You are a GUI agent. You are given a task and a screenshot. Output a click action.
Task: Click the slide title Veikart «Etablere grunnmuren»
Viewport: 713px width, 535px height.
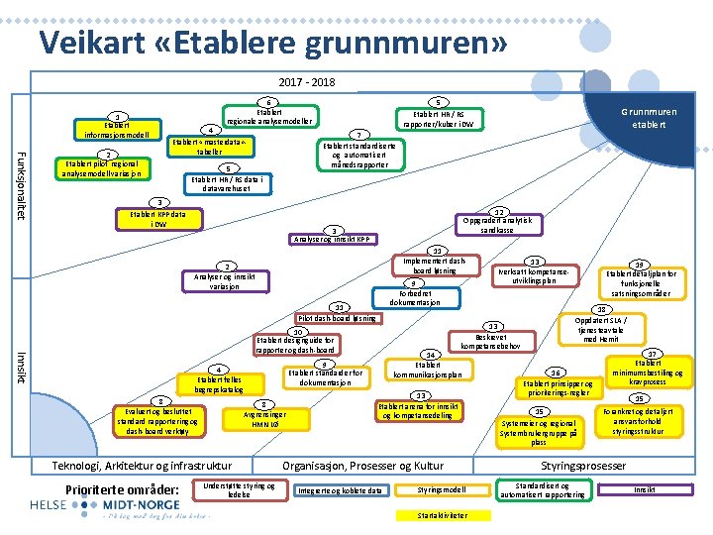pos(273,43)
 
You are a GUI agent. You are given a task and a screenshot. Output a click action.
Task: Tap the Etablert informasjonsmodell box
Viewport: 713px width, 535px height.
pos(117,129)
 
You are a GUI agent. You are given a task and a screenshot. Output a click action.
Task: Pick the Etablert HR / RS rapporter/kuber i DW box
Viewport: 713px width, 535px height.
pos(437,119)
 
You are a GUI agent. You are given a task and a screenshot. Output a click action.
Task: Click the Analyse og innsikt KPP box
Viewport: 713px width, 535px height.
pos(333,238)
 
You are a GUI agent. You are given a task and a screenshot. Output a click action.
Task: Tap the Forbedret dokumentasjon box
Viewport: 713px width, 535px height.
pos(415,297)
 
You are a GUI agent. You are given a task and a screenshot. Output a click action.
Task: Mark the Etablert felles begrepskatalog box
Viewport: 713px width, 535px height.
pos(219,383)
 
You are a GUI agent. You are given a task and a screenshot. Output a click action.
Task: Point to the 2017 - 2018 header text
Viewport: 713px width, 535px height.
pos(307,82)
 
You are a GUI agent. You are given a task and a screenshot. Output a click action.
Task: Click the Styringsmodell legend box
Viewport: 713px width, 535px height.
pos(442,490)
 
